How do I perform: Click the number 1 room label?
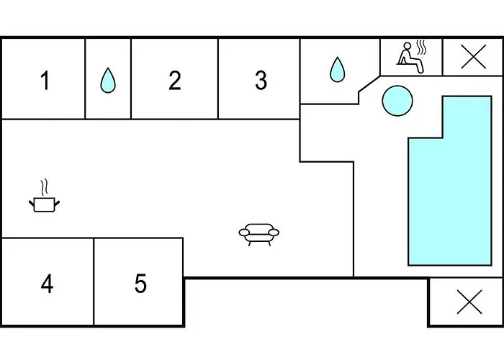45,81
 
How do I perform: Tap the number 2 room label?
174,81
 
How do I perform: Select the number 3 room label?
261,81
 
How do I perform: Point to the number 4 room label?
47,284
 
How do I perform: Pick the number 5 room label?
140,284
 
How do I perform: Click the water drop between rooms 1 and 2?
108,80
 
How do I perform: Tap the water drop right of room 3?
337,70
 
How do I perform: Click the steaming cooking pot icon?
42,204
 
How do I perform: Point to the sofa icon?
259,233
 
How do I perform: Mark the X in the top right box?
472,57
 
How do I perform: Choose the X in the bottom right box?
469,303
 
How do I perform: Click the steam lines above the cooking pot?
45,187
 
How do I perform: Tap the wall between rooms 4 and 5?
94,282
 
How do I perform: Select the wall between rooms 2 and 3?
218,79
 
